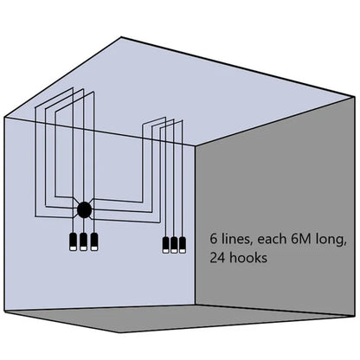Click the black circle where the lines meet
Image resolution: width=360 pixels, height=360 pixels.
[85, 209]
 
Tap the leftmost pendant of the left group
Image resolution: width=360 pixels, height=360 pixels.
[74, 241]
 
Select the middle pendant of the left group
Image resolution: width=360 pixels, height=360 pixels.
[83, 241]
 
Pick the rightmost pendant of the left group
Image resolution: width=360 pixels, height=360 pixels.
[94, 241]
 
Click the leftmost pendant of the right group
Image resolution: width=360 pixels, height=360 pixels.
[166, 245]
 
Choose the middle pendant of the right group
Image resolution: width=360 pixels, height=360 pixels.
[174, 245]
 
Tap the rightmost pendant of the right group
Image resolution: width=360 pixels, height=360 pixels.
[182, 245]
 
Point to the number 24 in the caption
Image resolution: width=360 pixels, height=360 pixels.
[218, 258]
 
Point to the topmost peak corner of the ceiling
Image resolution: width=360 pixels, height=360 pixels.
[121, 37]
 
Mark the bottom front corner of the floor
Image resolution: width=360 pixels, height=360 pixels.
[119, 332]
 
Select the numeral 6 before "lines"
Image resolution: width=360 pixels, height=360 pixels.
[214, 239]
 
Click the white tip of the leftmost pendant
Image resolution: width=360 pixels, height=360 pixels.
[74, 248]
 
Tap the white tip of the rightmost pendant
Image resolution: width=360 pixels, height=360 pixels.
[182, 251]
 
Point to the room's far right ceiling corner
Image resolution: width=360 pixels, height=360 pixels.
[355, 97]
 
